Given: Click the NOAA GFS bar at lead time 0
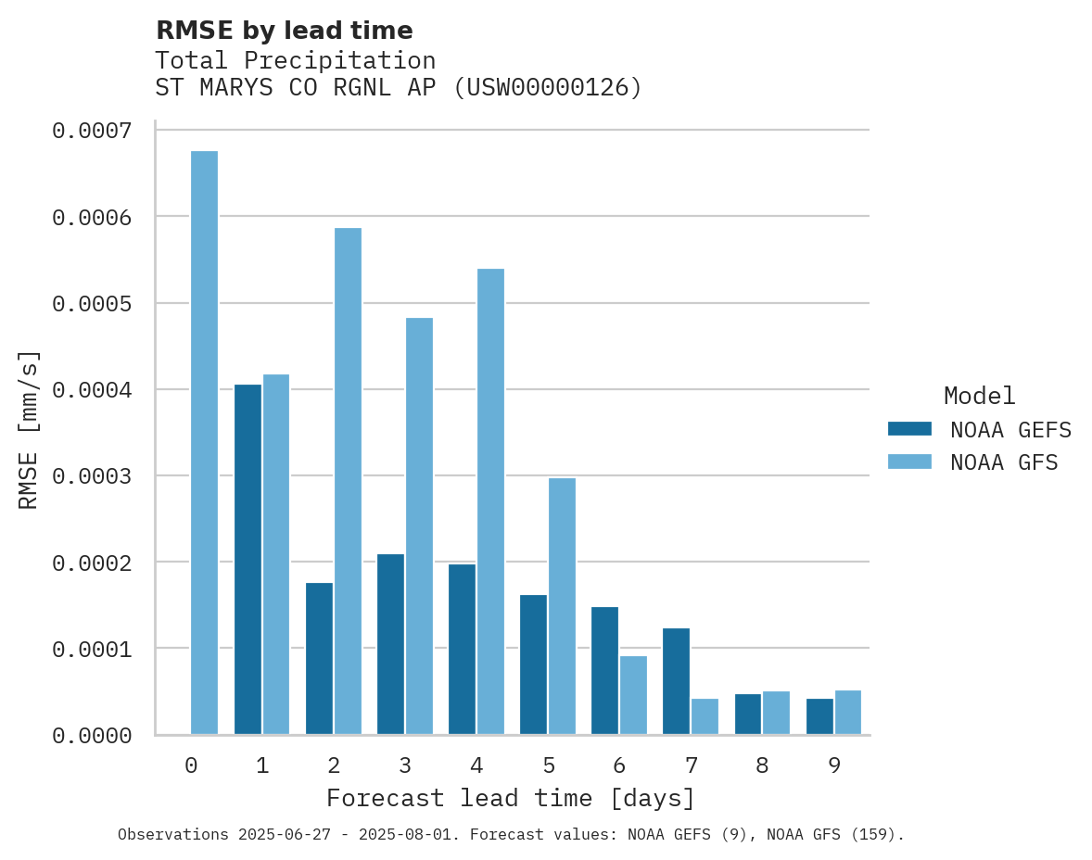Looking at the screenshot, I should coord(204,442).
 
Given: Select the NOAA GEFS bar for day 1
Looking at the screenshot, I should coord(248,559).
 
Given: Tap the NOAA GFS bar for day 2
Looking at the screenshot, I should coord(348,481).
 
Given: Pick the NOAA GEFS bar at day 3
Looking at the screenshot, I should coord(390,644).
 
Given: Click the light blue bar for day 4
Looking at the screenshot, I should coord(490,501).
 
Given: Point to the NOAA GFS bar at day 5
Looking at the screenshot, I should coord(562,606).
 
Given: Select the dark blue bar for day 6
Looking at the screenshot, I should coord(604,670).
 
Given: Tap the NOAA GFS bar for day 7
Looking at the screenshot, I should coord(705,716).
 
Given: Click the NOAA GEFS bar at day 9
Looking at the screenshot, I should coord(819,716).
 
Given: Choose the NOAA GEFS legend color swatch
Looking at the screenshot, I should coord(909,429).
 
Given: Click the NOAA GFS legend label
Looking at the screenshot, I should coord(1004,462).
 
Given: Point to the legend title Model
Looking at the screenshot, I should coord(979,396).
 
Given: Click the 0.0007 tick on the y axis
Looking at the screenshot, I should coord(91,131).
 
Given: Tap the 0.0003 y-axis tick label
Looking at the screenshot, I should coord(91,476).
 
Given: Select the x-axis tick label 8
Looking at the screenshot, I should coord(762,765).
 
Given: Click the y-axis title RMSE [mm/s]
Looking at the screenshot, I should coord(29,430).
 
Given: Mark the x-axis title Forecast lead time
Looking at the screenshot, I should coord(511,798).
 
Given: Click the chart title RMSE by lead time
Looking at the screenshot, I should coord(284,31).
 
